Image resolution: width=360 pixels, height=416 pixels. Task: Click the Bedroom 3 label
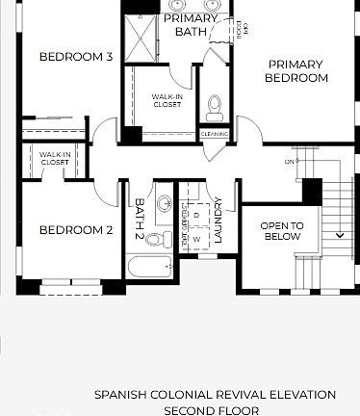pos(76,57)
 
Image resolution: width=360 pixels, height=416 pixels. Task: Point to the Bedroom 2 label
pos(76,230)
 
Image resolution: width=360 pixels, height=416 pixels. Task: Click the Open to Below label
pos(282,230)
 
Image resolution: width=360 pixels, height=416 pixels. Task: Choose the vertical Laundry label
pos(220,220)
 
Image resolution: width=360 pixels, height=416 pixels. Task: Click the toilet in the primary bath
pos(214,104)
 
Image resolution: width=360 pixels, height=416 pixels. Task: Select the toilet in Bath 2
pos(164,204)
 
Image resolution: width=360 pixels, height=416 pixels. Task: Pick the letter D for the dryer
pos(196,215)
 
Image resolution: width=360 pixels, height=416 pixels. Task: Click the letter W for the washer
pos(196,238)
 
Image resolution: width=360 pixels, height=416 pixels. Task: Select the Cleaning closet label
pos(214,134)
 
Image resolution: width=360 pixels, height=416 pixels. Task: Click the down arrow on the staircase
pos(340,234)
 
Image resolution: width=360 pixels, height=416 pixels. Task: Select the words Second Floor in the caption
pos(215,408)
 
